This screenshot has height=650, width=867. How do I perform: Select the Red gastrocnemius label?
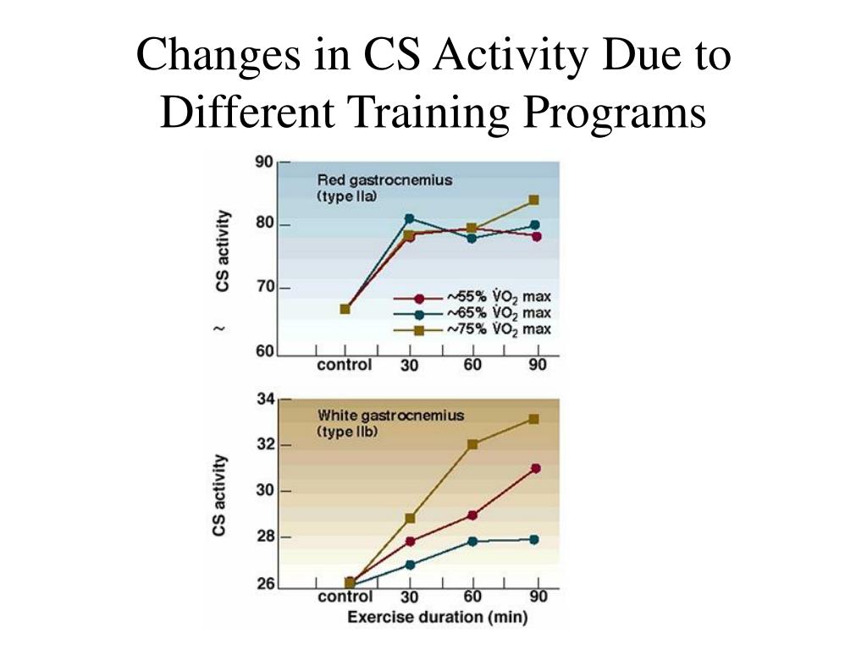pos(384,179)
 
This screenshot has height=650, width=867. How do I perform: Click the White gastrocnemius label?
pos(390,415)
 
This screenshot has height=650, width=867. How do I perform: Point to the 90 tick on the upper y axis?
pos(264,162)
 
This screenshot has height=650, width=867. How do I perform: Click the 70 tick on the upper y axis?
pos(264,288)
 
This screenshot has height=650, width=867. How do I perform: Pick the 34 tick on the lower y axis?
pos(264,400)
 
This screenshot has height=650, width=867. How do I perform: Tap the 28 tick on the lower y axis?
pos(264,537)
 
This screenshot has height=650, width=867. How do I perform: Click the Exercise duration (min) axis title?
pos(437,617)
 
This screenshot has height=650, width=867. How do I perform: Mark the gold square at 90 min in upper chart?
pos(533,201)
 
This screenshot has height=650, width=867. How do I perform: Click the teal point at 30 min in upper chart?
pos(409,218)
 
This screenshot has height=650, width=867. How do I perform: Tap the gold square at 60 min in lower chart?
pos(472,444)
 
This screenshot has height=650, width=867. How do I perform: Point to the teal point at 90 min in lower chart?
pos(534,539)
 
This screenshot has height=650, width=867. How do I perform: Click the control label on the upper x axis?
pos(344,366)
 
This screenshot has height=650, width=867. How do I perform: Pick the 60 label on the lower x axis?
pos(472,598)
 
